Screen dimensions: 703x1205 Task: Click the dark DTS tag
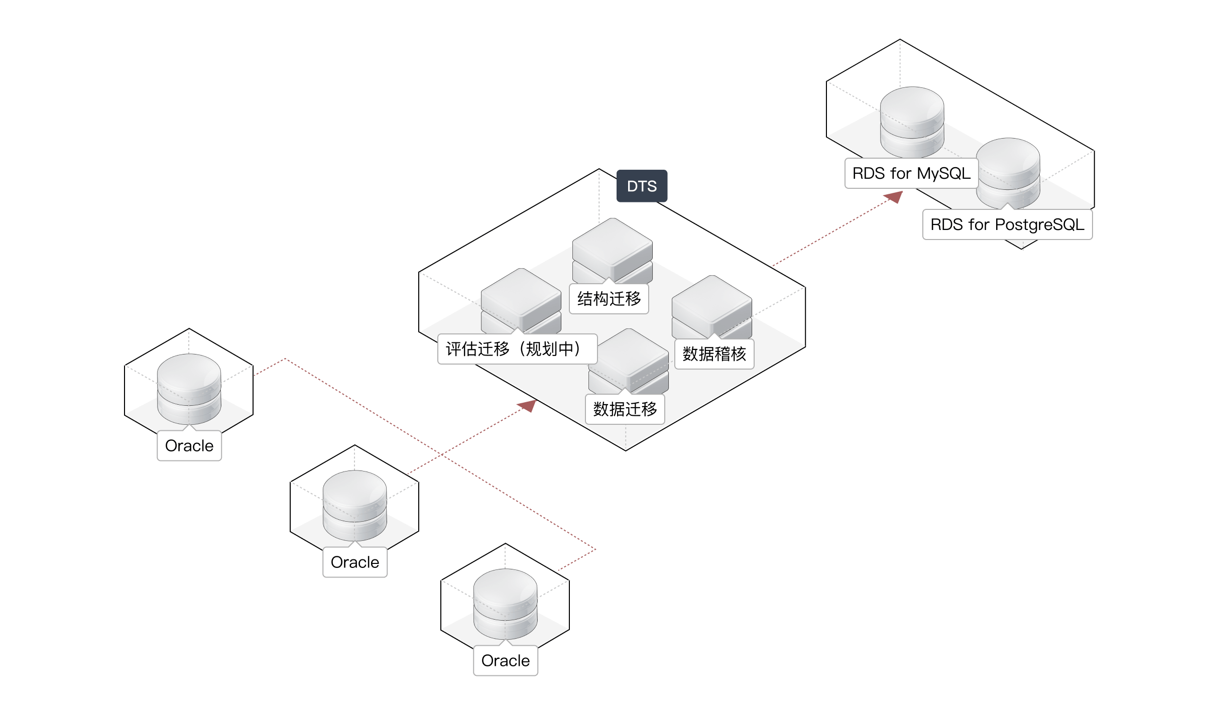coord(642,186)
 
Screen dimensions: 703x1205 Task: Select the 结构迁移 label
coord(609,299)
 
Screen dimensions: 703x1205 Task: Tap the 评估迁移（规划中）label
coord(517,349)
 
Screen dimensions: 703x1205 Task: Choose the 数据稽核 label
coord(714,354)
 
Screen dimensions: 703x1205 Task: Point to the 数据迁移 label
coord(625,409)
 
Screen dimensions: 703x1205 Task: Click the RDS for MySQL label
coord(911,174)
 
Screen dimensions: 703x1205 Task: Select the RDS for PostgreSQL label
coord(1007,224)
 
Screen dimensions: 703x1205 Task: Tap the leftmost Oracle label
coord(189,446)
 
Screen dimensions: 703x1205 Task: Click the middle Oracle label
coord(355,562)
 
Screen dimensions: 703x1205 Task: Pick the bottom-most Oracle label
coord(506,661)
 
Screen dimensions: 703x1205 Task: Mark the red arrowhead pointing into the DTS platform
coord(528,405)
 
